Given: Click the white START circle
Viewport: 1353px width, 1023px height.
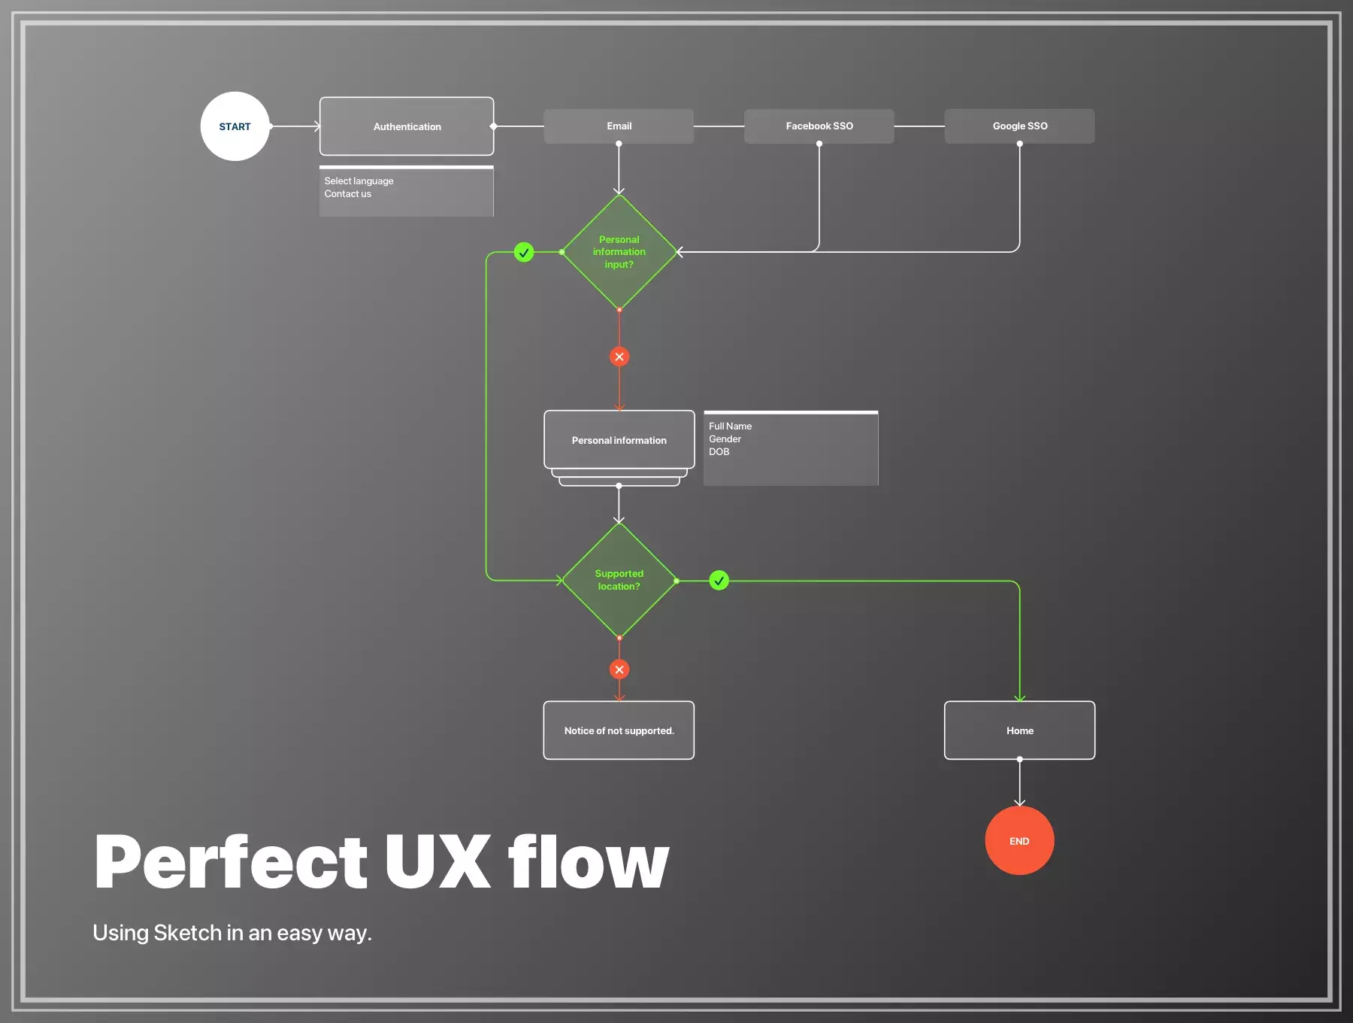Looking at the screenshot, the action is coord(235,126).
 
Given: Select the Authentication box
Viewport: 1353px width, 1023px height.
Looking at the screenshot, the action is coord(407,126).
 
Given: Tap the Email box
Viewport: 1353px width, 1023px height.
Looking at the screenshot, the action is coord(619,126).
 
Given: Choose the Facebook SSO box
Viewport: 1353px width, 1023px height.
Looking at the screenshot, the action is coord(819,126).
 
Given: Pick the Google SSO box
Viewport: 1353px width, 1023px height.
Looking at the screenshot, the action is coord(1020,126).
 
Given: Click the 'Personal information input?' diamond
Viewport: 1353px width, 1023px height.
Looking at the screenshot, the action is coord(619,252).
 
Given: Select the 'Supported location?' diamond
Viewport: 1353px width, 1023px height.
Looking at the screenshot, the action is coord(619,580).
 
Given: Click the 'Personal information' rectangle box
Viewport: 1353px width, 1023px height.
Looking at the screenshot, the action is coord(619,440).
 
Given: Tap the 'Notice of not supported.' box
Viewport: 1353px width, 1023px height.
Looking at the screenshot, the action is coord(619,730).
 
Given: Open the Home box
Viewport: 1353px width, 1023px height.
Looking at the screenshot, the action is coord(1020,730).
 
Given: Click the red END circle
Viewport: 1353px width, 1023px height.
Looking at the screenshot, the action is coord(1019,841).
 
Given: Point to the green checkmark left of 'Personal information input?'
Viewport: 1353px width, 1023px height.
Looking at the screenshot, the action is coord(524,252).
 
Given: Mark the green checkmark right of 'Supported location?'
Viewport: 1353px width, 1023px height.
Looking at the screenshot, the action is coord(719,581).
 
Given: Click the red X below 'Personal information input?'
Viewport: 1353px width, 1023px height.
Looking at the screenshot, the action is coord(619,357).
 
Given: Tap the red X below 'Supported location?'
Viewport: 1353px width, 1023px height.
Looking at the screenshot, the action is coord(619,669).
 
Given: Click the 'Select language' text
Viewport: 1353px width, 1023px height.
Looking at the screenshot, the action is coord(359,181).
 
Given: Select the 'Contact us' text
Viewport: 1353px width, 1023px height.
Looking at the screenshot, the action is coord(347,194).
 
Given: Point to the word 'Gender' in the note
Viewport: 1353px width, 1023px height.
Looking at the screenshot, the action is coord(725,439).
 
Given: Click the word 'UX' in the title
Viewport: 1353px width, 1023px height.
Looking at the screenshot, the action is coord(437,861).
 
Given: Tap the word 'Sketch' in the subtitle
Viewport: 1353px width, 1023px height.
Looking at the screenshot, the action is coord(188,933).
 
